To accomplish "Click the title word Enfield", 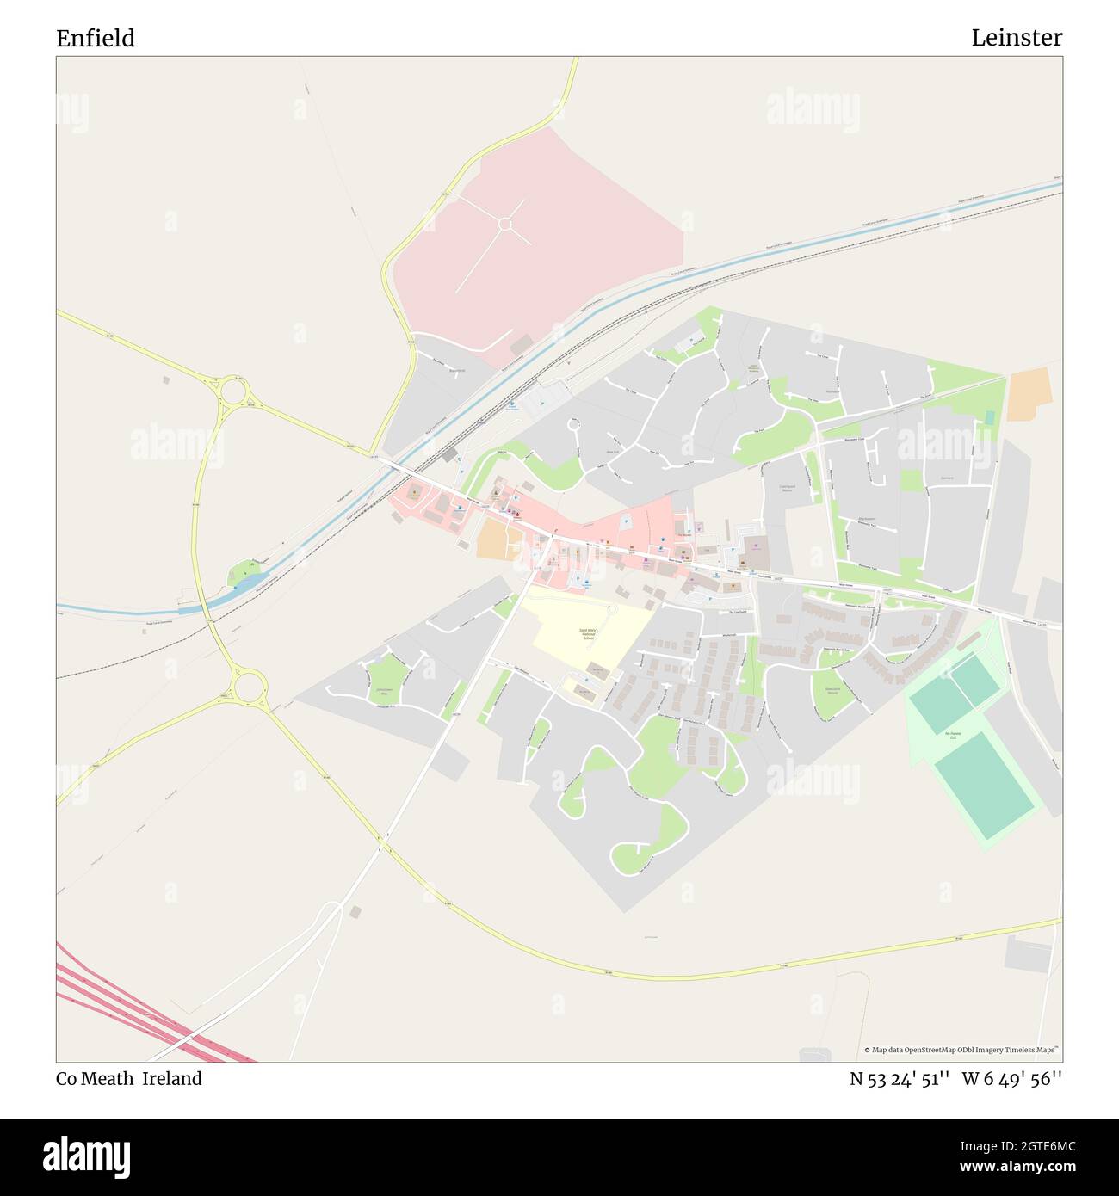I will pyautogui.click(x=96, y=39).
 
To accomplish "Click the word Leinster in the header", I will pyautogui.click(x=1017, y=38).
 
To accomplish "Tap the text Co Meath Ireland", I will pyautogui.click(x=129, y=1079).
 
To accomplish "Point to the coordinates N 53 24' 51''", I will pyautogui.click(x=900, y=1079).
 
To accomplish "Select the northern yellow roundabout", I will pyautogui.click(x=232, y=393).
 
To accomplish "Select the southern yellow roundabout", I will pyautogui.click(x=249, y=687).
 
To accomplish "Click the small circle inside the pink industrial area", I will pyautogui.click(x=505, y=225).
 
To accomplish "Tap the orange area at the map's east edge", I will pyautogui.click(x=1029, y=394).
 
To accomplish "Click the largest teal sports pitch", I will pyautogui.click(x=984, y=792).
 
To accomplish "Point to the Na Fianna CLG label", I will pyautogui.click(x=952, y=736).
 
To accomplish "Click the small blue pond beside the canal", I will pyautogui.click(x=245, y=583).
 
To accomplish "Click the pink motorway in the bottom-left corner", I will pyautogui.click(x=146, y=1011).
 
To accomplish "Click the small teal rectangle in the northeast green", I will pyautogui.click(x=989, y=417).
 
